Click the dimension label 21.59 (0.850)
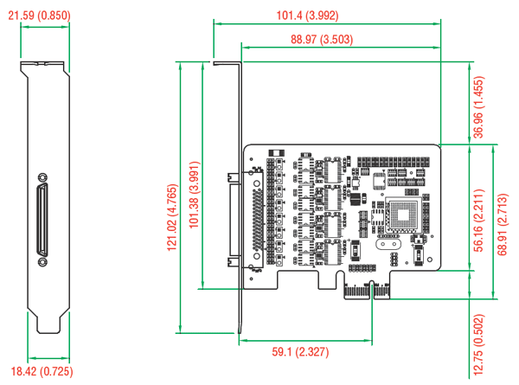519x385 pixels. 39,16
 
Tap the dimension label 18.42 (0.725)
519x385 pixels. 42,371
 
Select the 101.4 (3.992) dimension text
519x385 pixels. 307,16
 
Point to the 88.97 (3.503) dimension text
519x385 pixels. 322,40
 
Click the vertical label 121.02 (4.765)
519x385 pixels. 172,217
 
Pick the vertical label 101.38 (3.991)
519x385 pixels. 194,195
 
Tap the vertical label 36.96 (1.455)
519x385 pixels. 478,107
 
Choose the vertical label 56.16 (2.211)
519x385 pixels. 478,221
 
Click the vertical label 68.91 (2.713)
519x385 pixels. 502,224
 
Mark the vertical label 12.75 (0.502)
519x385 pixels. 478,344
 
